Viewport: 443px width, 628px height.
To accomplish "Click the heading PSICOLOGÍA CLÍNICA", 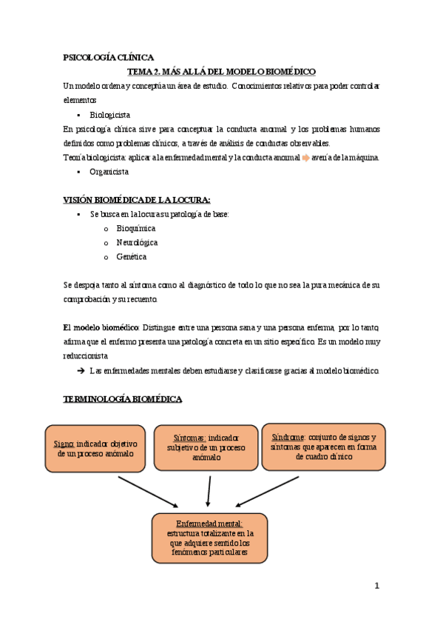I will point(109,57).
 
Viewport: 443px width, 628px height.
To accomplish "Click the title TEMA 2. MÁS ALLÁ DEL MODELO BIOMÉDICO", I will point(221,71).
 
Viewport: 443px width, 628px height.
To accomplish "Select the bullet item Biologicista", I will point(110,115).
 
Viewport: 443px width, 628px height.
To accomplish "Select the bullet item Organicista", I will point(109,171).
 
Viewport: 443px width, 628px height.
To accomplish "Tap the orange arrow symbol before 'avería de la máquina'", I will point(305,157).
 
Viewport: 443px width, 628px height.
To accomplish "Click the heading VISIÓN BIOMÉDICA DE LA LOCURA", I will point(137,200).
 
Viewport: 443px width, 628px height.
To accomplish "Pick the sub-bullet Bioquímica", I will point(136,228).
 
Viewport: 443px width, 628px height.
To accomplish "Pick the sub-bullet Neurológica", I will point(137,242).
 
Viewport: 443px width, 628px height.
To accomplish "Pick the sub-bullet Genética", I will point(131,256).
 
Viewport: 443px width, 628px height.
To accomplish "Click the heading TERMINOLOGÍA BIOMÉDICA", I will point(122,399).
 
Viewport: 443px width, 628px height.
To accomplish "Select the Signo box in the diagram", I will point(95,449).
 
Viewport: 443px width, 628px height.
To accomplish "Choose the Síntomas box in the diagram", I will point(206,448).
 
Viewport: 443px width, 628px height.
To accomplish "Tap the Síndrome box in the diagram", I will point(323,447).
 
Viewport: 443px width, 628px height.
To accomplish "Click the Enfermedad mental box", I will point(209,538).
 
